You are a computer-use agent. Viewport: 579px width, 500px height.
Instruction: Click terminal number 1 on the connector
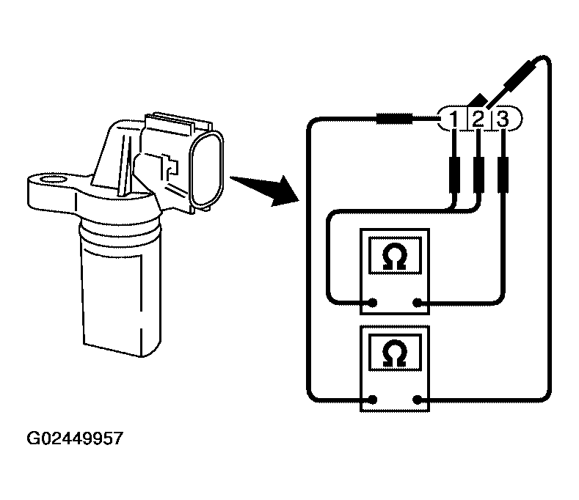454,118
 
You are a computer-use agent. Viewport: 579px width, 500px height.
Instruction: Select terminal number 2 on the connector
478,118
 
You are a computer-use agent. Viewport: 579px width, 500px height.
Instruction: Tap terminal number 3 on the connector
503,118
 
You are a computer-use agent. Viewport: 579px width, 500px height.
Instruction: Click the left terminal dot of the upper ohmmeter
373,303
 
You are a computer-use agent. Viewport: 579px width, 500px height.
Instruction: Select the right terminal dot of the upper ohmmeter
418,303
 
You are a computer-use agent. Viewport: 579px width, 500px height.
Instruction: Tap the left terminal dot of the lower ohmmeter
373,400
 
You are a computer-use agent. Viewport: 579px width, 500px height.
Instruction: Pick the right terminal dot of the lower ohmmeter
418,400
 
